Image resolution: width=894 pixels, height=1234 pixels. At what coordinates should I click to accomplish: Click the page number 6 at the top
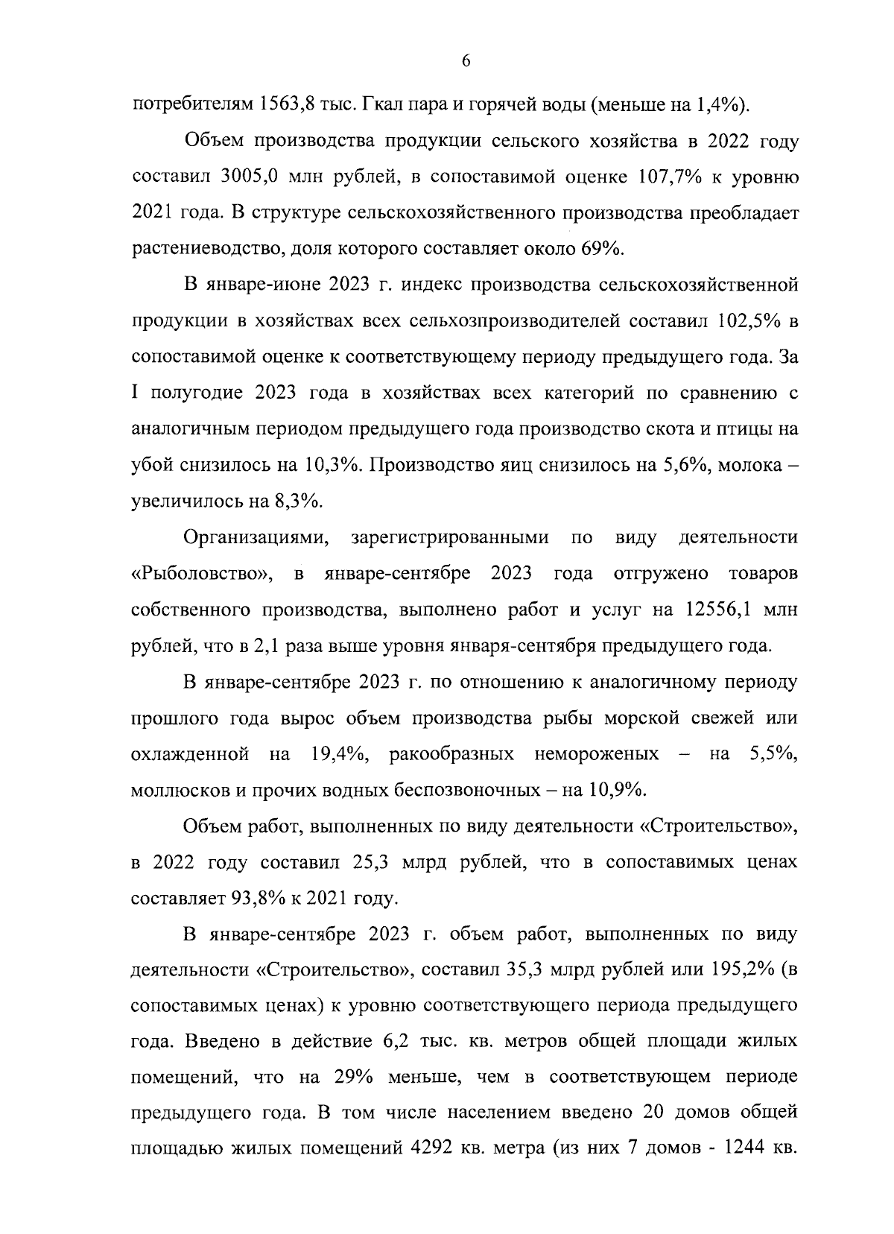pyautogui.click(x=466, y=62)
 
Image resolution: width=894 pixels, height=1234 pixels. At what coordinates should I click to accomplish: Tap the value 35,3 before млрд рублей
pyautogui.click(x=528, y=970)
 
